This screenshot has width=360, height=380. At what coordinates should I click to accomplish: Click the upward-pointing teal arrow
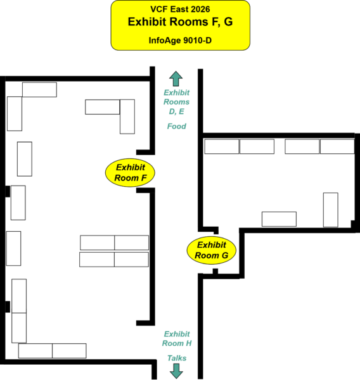pos(176,79)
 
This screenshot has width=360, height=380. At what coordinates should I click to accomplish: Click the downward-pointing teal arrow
pos(176,371)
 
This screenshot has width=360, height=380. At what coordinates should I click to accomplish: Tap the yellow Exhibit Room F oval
pos(130,172)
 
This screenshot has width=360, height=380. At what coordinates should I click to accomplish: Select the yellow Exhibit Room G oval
pos(212,250)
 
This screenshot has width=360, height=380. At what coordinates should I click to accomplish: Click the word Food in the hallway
pos(177,126)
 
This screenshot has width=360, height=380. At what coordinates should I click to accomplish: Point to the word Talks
pos(177,358)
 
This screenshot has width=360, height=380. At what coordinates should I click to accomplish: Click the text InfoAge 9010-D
pos(180,41)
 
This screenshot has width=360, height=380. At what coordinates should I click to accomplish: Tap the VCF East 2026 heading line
pos(180,9)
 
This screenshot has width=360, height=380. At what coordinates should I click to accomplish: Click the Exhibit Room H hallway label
pos(177,339)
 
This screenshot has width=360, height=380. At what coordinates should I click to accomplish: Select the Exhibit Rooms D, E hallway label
pos(177,102)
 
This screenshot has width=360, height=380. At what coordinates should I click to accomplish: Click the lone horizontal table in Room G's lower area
pos(279,219)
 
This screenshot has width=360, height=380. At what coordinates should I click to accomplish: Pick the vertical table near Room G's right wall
pos(331,210)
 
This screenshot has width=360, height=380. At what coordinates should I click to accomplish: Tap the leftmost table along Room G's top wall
pos(222,146)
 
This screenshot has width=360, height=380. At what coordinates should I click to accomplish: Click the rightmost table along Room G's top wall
pos(337,146)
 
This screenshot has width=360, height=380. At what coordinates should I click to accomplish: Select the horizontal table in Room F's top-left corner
pos(39,90)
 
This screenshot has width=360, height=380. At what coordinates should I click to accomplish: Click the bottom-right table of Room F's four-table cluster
pos(131,260)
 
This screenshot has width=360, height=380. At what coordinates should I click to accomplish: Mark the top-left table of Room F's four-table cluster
pos(97,243)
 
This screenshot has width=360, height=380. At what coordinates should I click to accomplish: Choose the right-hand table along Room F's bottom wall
pos(69,351)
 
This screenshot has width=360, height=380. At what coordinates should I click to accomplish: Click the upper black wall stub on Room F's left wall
pos(8,191)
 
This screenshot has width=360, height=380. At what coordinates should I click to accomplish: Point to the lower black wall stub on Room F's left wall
pos(8,307)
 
